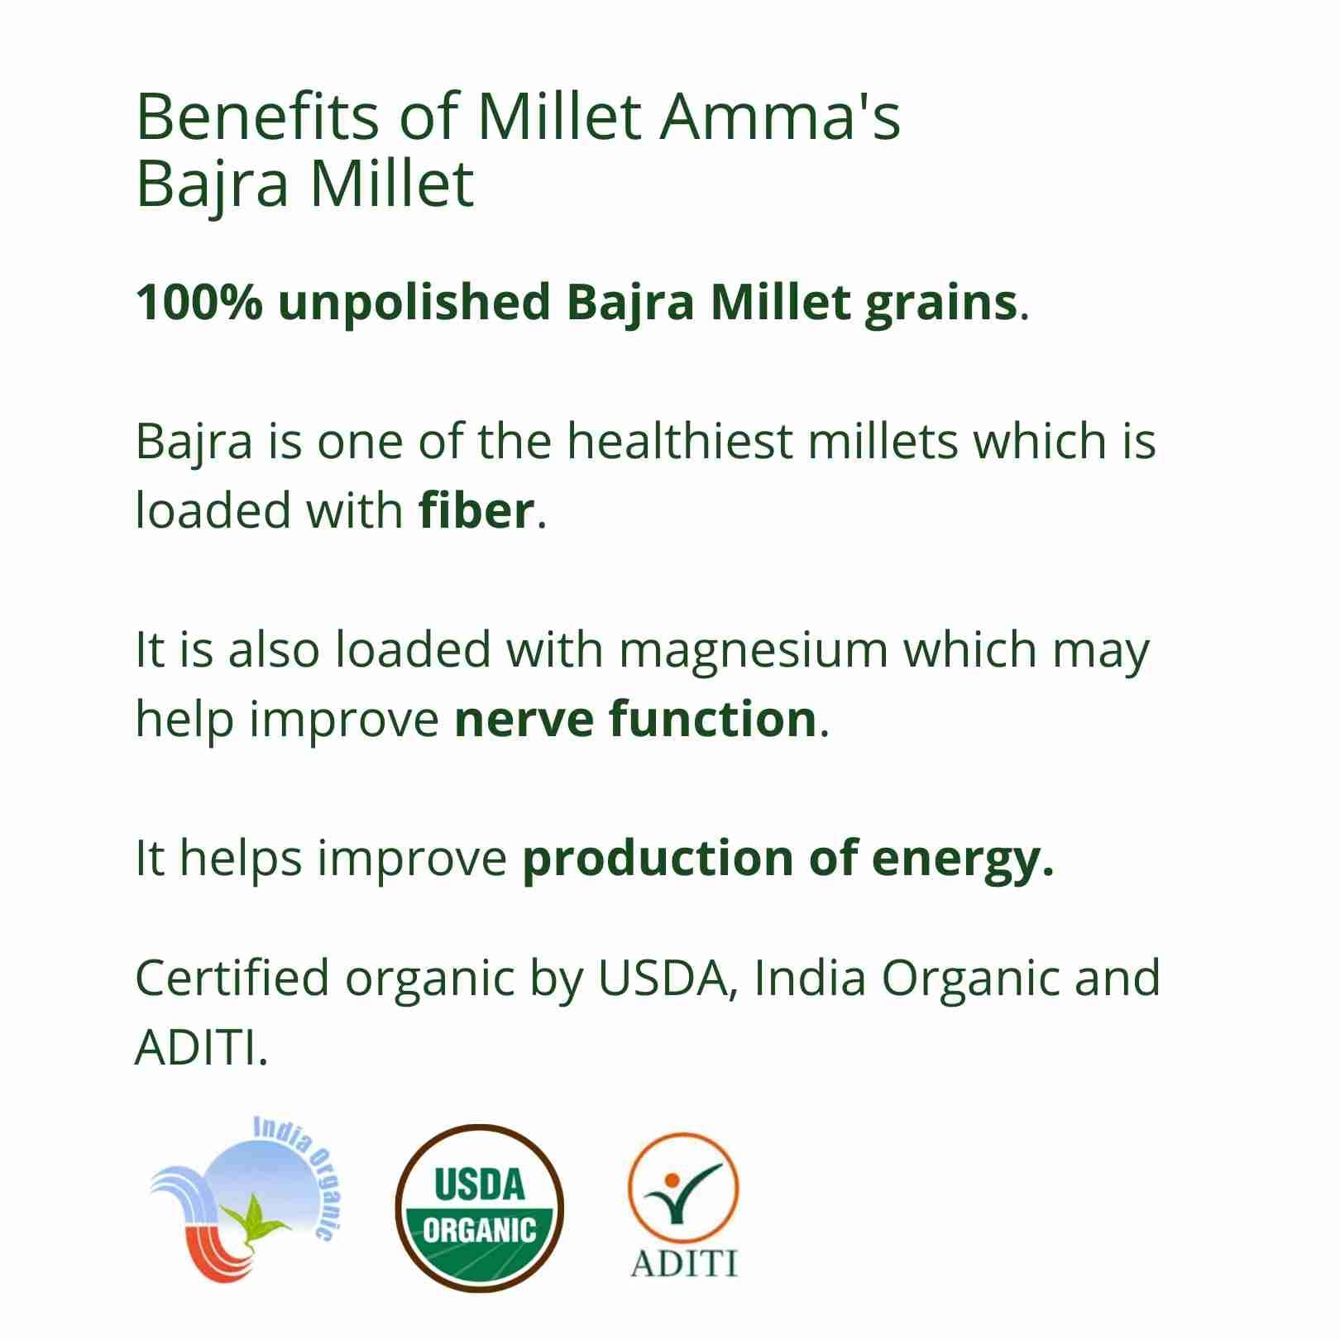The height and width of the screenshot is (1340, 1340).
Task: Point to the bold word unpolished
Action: [x=414, y=304]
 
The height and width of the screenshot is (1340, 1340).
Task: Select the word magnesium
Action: [x=753, y=652]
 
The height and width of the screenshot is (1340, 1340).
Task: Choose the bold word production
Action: [x=657, y=859]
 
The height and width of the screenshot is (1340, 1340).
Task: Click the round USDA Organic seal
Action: [x=479, y=1208]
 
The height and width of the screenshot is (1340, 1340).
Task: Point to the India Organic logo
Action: [x=241, y=1204]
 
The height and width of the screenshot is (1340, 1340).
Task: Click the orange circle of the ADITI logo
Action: [x=683, y=1187]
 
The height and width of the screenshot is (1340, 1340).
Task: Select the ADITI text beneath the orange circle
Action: [x=683, y=1264]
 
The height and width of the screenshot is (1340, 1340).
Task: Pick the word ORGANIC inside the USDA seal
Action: [x=479, y=1231]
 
